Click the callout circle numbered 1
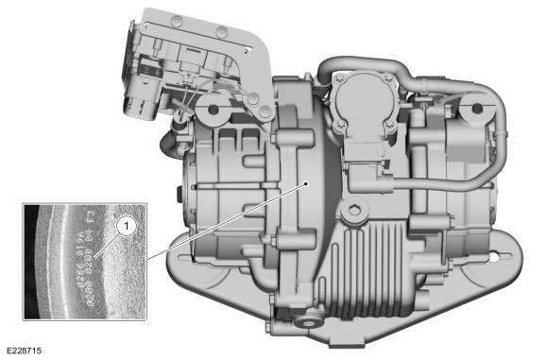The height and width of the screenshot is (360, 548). click(x=123, y=227)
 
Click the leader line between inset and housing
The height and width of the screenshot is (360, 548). click(x=227, y=220)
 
